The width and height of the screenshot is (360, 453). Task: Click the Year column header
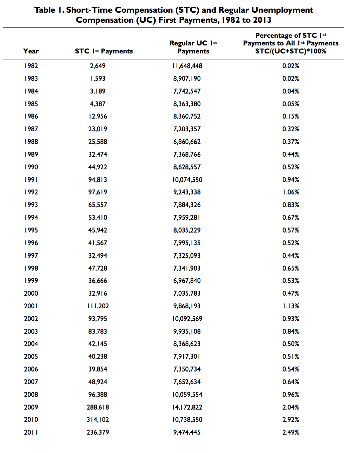(x=31, y=51)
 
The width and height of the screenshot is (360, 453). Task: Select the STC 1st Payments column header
(x=104, y=51)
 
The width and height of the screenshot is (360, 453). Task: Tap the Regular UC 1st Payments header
(x=193, y=47)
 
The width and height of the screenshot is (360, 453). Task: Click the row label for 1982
(x=31, y=66)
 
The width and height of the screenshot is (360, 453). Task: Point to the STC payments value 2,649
(x=98, y=66)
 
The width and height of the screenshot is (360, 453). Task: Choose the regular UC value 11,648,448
(x=187, y=66)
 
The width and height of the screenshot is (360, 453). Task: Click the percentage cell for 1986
(x=291, y=116)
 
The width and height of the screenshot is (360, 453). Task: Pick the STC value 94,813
(x=98, y=180)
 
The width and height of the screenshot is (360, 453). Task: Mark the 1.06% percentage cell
(x=291, y=192)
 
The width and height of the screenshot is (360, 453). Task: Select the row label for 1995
(x=31, y=230)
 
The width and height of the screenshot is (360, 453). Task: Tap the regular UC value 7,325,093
(x=187, y=256)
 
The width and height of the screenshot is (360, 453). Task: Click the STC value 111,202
(x=98, y=306)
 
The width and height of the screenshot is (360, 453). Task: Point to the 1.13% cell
(x=291, y=306)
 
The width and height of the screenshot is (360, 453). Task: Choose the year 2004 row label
(x=31, y=344)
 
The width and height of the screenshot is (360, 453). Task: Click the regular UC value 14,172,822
(x=187, y=407)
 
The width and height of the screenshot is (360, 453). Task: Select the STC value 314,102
(x=98, y=420)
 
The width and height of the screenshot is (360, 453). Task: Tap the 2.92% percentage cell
(x=291, y=420)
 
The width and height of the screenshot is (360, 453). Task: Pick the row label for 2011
(x=31, y=432)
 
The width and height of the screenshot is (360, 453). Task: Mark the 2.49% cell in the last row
(x=291, y=432)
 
